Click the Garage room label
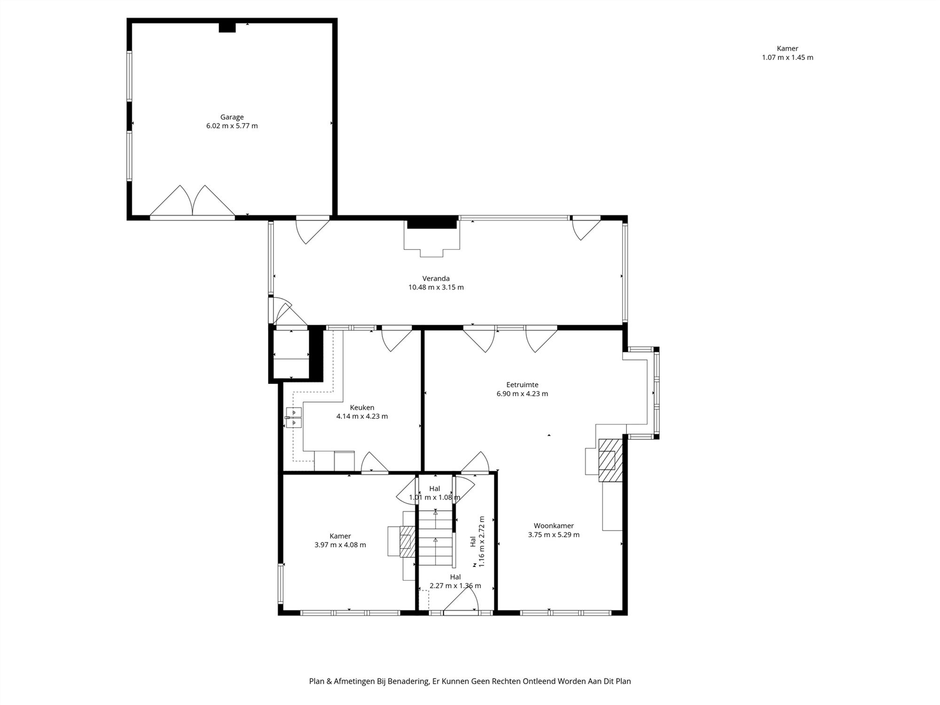[x=232, y=117]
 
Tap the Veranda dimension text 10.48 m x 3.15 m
[x=436, y=287]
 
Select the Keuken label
[x=362, y=407]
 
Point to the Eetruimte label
[x=522, y=384]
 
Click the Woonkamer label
[x=554, y=525]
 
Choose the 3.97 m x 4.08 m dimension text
[x=340, y=545]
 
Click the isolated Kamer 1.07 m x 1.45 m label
[x=788, y=53]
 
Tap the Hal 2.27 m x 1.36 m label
[x=455, y=581]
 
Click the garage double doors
[x=192, y=201]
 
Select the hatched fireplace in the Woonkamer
[x=610, y=460]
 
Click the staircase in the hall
[x=436, y=539]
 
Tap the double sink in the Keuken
[x=294, y=418]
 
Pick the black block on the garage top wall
[x=227, y=27]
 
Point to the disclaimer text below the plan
[x=470, y=681]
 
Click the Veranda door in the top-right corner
[x=586, y=229]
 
